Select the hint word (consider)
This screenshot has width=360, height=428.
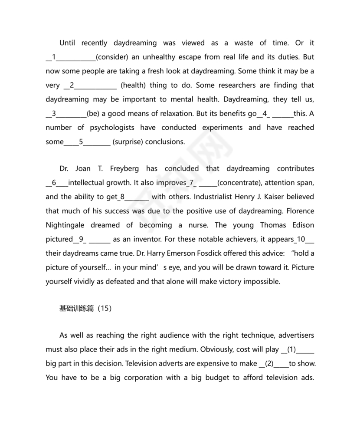[111, 57]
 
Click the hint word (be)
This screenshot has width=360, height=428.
[93, 113]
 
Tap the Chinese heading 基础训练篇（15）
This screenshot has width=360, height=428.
[85, 309]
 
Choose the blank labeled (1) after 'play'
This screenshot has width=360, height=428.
[298, 350]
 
